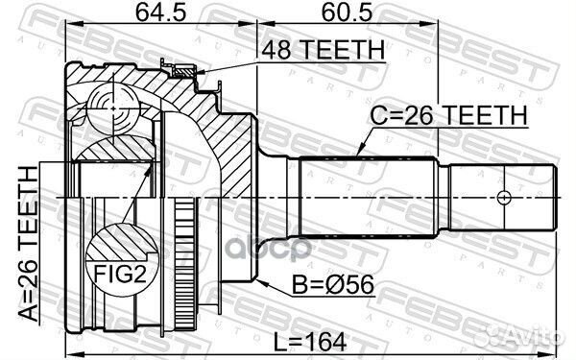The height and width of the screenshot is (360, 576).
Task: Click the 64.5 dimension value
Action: (x=160, y=12)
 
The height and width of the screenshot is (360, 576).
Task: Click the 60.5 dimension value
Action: (x=347, y=12)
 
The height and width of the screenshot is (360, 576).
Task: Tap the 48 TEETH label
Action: (x=323, y=50)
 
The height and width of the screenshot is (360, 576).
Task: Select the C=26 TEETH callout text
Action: (x=448, y=115)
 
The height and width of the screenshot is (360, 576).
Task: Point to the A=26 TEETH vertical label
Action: (x=28, y=243)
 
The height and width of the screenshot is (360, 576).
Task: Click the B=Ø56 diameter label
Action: (x=332, y=285)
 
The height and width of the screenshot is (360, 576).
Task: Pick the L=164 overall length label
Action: (x=310, y=342)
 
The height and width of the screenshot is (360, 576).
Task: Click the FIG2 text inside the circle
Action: (x=120, y=274)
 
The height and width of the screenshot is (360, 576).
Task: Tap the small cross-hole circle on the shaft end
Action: (x=504, y=197)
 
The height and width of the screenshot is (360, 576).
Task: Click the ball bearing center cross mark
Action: (x=113, y=108)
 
